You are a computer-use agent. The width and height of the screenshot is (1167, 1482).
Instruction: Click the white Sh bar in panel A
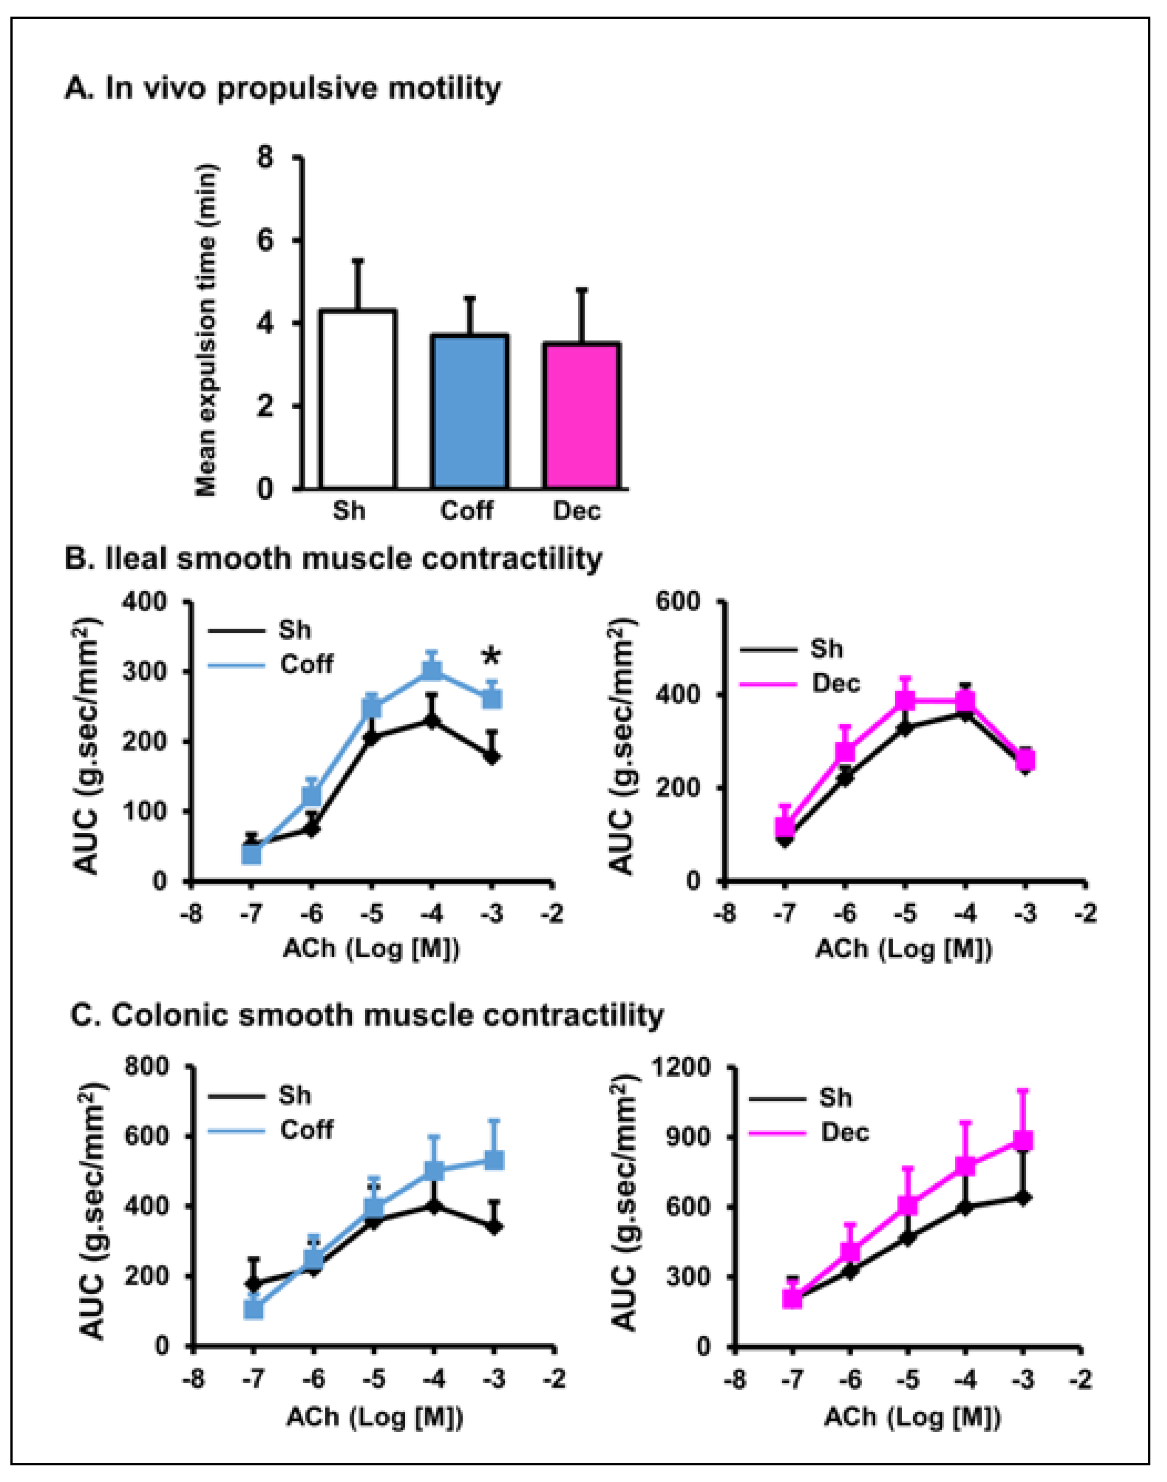[x=357, y=400]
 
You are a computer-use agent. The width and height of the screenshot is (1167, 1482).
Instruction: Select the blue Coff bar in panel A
[x=470, y=412]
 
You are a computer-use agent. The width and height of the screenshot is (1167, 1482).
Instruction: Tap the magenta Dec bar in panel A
[x=581, y=416]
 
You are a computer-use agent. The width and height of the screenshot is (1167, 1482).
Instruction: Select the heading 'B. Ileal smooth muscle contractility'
[x=333, y=559]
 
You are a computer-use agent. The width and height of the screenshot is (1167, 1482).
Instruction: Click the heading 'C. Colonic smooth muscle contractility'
[x=367, y=1015]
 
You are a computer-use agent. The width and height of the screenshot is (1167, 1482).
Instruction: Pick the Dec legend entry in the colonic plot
[x=844, y=1132]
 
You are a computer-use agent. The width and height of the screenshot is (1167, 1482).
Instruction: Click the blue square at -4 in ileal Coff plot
[x=432, y=670]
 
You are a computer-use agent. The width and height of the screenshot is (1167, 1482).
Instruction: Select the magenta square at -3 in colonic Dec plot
[x=1023, y=1140]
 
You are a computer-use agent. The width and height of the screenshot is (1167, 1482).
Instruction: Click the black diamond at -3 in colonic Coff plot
[x=495, y=1228]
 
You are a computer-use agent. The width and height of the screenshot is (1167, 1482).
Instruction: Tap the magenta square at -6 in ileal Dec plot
[x=845, y=751]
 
